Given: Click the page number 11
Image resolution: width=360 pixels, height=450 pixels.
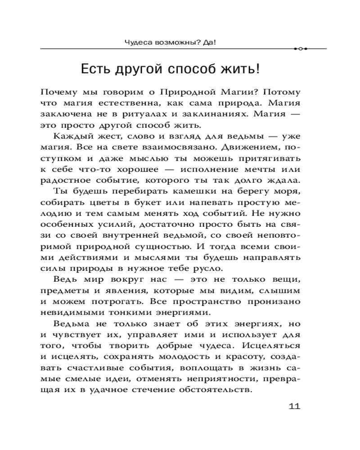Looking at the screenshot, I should pos(293,406).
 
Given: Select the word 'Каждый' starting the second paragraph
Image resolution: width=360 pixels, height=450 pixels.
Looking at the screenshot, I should pos(69,136).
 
